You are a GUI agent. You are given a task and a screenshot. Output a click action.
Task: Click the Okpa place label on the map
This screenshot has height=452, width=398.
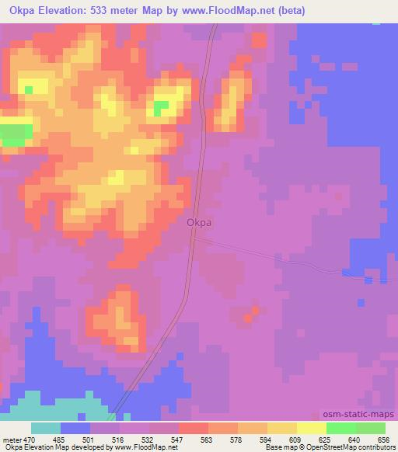point(200,222)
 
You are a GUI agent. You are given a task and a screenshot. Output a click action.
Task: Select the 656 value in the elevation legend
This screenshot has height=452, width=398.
point(382,439)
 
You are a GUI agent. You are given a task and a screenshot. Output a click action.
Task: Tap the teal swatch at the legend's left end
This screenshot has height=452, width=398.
point(46,428)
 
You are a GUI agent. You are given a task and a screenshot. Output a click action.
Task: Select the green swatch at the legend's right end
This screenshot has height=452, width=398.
point(371,428)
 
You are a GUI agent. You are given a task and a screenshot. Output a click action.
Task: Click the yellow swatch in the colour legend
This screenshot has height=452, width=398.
point(312,428)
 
